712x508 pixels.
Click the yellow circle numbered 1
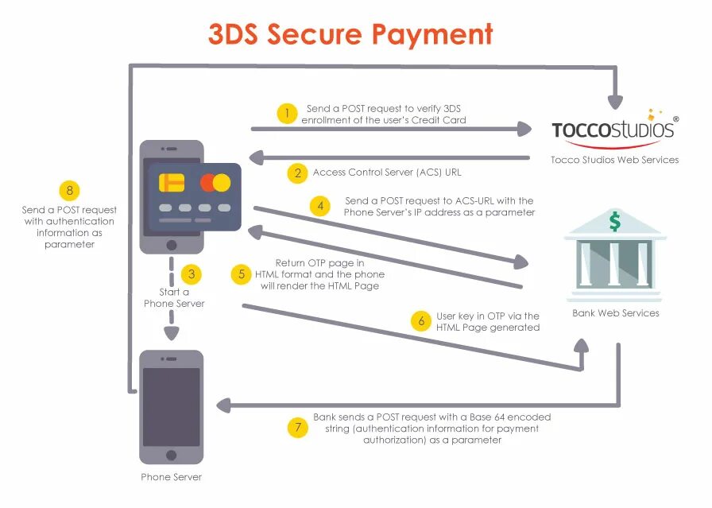point(287,114)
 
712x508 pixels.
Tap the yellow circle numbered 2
point(296,173)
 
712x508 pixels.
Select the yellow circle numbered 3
point(192,274)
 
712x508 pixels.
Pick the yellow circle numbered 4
point(321,207)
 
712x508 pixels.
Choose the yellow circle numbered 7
point(296,428)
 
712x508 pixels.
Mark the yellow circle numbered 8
point(70,191)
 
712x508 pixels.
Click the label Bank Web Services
point(616,313)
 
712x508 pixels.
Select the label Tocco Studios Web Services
point(615,160)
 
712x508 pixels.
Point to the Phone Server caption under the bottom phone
point(172,477)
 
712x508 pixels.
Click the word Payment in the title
point(433,34)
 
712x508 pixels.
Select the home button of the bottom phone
point(172,456)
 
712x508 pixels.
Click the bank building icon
point(615,254)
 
